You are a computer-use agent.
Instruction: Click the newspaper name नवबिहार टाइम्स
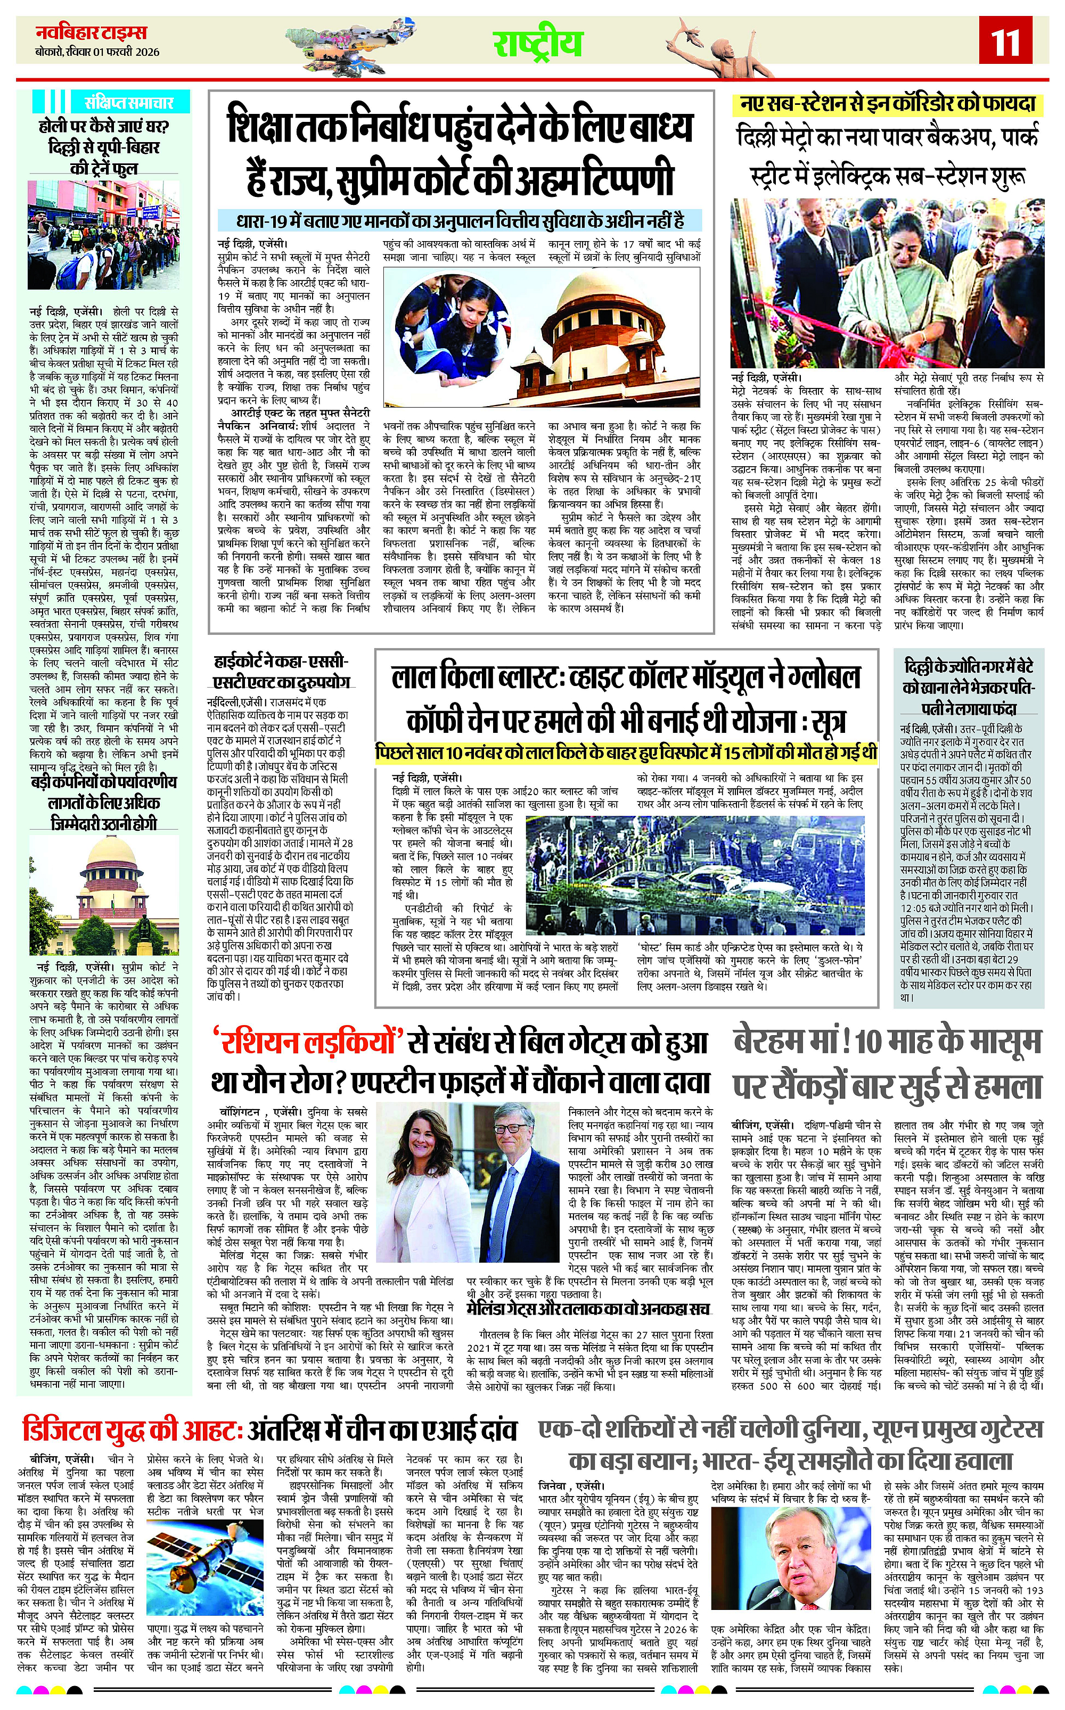coord(92,32)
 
